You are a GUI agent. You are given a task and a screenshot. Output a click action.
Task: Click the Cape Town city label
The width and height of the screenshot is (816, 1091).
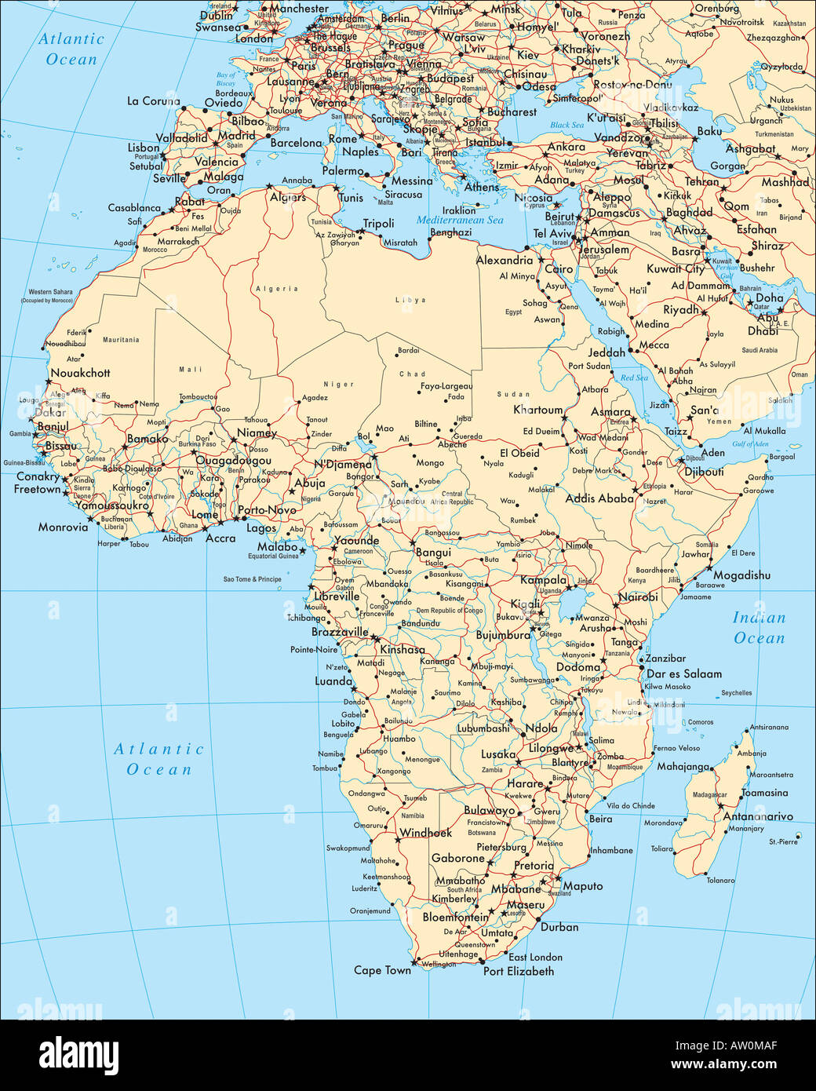tap(382, 970)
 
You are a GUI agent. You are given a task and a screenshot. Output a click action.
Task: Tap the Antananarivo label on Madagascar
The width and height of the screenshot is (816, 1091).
tap(758, 816)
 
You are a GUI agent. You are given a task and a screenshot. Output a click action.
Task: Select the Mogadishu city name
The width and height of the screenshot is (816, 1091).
tap(741, 575)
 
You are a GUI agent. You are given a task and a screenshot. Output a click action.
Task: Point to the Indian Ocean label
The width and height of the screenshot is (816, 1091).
tap(759, 628)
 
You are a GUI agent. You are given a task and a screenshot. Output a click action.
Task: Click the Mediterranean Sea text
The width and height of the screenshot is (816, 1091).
tap(460, 221)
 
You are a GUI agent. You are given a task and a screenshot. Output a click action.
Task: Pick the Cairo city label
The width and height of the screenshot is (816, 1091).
tap(559, 268)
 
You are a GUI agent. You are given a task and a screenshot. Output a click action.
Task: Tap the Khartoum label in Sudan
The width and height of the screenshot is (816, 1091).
tap(538, 410)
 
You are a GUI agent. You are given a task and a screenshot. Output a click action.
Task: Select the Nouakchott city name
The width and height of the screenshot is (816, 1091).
tap(80, 373)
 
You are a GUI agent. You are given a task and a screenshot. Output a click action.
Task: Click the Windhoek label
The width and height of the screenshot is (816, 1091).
tap(426, 833)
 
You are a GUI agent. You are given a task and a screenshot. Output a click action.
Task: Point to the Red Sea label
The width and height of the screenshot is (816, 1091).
tap(634, 378)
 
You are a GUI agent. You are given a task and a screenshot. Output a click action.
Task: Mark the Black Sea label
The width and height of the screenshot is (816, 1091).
tap(566, 125)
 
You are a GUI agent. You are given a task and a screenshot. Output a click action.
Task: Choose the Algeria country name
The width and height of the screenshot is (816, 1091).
tap(277, 289)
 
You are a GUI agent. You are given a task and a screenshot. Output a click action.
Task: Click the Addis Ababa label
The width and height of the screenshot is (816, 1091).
tap(599, 498)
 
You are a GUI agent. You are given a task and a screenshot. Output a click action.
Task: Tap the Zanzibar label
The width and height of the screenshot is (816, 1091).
tap(665, 659)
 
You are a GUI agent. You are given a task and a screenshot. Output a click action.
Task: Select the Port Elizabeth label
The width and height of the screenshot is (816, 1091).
tap(518, 971)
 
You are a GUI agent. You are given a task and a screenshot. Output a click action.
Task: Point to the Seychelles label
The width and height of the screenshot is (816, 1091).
tap(736, 693)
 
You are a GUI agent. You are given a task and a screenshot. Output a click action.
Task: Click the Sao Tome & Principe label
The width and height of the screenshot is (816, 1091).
tap(252, 579)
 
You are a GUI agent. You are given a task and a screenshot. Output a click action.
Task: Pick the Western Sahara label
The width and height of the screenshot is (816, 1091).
tap(50, 292)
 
